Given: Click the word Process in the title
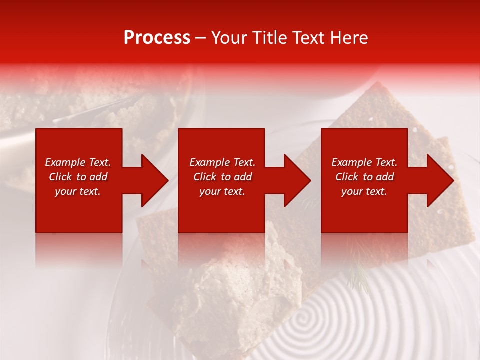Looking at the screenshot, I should (157, 38).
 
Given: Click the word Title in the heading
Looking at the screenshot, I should (269, 38).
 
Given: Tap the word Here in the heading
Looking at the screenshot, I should (348, 38).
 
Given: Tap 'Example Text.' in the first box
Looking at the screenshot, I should (78, 162).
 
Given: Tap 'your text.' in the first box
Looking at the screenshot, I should (78, 191).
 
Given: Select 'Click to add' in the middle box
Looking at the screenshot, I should (222, 177).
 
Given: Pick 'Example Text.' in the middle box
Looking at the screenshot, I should (222, 162).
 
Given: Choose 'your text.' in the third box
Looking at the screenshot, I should (364, 191).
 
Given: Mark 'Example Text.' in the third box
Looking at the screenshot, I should (364, 162).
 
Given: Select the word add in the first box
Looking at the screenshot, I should (98, 177).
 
